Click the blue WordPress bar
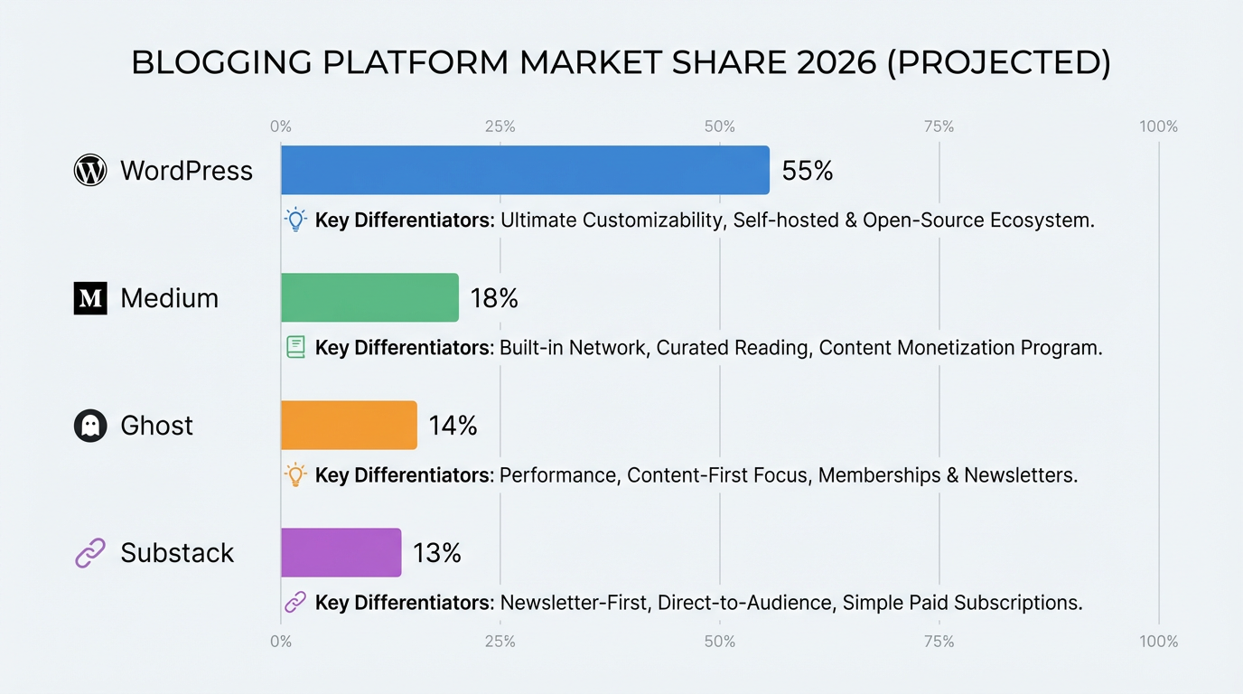(525, 170)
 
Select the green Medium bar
(369, 297)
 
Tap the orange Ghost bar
(349, 425)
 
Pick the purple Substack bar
(341, 552)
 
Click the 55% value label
(807, 171)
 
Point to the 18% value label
(494, 298)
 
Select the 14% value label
(453, 426)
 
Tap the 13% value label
(437, 553)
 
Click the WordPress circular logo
(90, 170)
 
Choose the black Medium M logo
(90, 298)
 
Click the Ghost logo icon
(90, 426)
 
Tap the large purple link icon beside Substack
(90, 553)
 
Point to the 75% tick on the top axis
(939, 127)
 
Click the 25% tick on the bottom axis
(500, 642)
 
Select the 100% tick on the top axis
(1158, 127)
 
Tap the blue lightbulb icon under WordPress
(295, 220)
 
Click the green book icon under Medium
(295, 347)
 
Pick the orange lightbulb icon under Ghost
(295, 474)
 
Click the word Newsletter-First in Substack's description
(574, 603)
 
